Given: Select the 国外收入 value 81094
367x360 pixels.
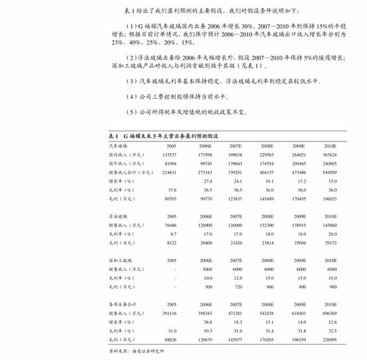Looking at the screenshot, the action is click(x=171, y=163).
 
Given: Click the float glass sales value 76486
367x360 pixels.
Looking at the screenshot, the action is click(x=171, y=223).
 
